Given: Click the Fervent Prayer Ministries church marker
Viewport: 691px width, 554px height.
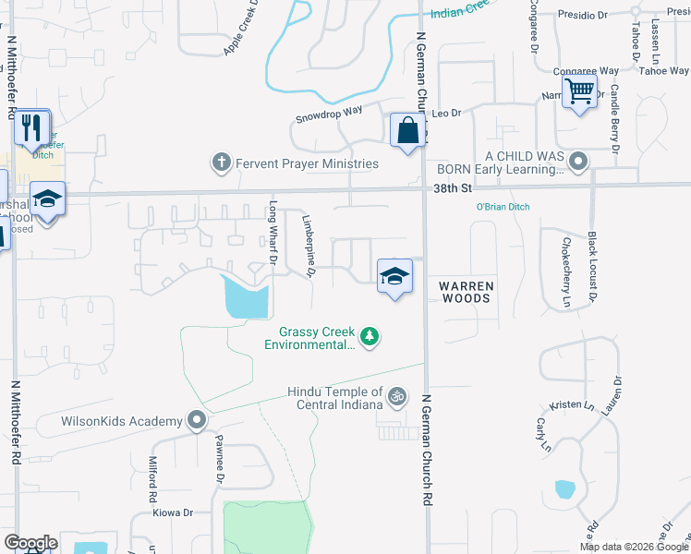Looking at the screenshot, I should [221, 163].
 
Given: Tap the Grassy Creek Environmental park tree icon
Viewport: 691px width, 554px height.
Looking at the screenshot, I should [370, 336].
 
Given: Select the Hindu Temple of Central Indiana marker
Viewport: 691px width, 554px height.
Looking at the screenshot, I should [397, 396].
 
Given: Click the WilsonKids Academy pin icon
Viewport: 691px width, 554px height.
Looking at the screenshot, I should [196, 421].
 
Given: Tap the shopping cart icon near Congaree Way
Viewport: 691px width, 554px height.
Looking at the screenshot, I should [579, 91].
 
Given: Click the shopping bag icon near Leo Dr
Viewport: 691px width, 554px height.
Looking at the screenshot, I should [407, 131].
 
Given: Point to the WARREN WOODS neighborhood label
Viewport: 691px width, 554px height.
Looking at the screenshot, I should [466, 292].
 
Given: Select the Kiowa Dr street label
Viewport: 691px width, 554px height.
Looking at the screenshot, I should [173, 512].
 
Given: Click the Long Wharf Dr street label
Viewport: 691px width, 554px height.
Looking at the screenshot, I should [273, 232].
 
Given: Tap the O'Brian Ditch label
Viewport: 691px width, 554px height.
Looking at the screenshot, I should [503, 207].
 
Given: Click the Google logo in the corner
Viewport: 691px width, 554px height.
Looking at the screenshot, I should [30, 543].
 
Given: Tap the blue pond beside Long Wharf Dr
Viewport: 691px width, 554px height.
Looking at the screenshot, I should [246, 297].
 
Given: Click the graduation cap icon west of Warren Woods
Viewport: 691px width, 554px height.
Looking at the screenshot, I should [394, 275].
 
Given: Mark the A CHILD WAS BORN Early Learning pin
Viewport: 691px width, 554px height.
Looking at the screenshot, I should [578, 163].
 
